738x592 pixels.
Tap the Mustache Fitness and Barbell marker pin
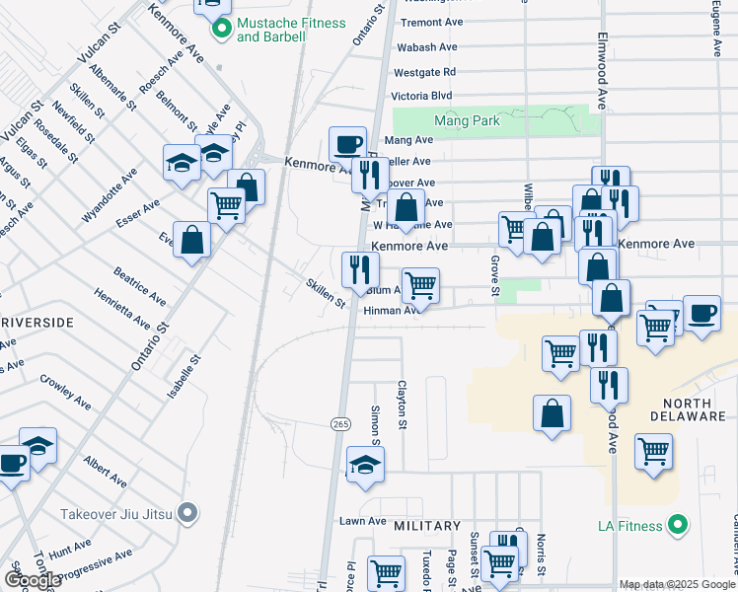coord(222,30)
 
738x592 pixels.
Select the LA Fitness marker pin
coord(677,526)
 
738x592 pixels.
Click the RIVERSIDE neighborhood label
coord(37,323)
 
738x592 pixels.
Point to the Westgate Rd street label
coord(424,72)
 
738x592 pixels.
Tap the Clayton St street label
coord(403,406)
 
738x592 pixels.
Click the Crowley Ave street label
coord(65,389)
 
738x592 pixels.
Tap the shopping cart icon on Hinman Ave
coord(420,286)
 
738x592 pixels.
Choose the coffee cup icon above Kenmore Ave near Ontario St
coord(347,144)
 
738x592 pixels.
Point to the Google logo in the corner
coord(32,580)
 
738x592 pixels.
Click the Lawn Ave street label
coord(362,521)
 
